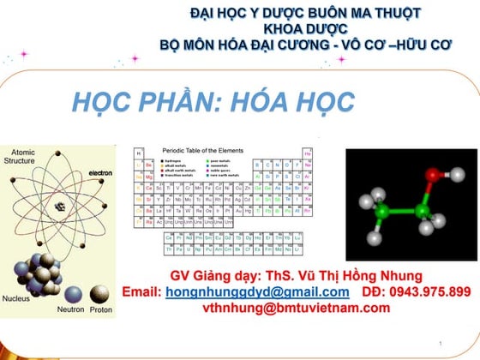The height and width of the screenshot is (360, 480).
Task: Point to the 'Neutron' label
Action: pos(70,309)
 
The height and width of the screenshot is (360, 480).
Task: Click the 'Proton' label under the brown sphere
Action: pos(100,309)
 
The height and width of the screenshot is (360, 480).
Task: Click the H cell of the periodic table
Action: pos(139,153)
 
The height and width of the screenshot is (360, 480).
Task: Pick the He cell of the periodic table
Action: pos(307,153)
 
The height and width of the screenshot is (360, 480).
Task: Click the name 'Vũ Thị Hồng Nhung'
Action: pos(351,276)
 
